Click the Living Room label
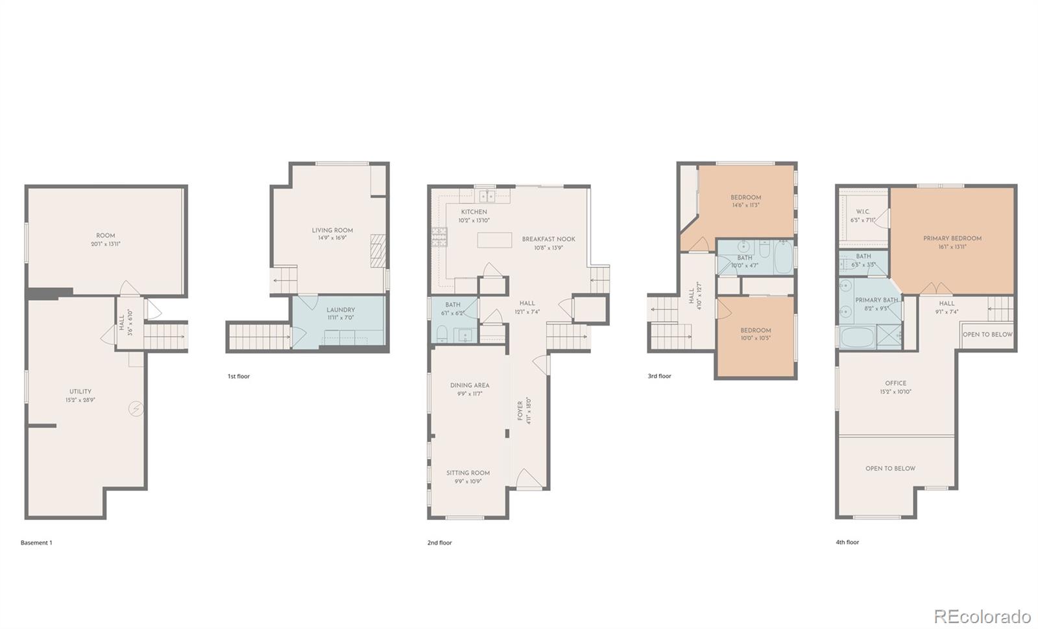tap(332, 230)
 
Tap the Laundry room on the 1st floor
tap(340, 322)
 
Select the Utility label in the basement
tap(80, 392)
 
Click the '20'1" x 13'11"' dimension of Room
tap(106, 244)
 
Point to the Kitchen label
tap(474, 212)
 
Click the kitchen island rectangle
tap(494, 240)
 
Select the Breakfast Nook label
tap(548, 239)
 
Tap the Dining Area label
tap(470, 385)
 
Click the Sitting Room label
tap(468, 473)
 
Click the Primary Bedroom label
tap(952, 239)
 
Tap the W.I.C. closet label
tap(863, 212)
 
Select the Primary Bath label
tap(876, 300)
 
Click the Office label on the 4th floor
tap(895, 383)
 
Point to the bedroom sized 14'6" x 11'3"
tap(745, 201)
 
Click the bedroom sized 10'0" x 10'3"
tap(756, 334)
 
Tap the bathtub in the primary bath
tap(856, 338)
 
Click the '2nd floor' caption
tap(439, 543)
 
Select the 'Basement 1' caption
tap(36, 543)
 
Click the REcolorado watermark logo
tap(982, 615)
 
